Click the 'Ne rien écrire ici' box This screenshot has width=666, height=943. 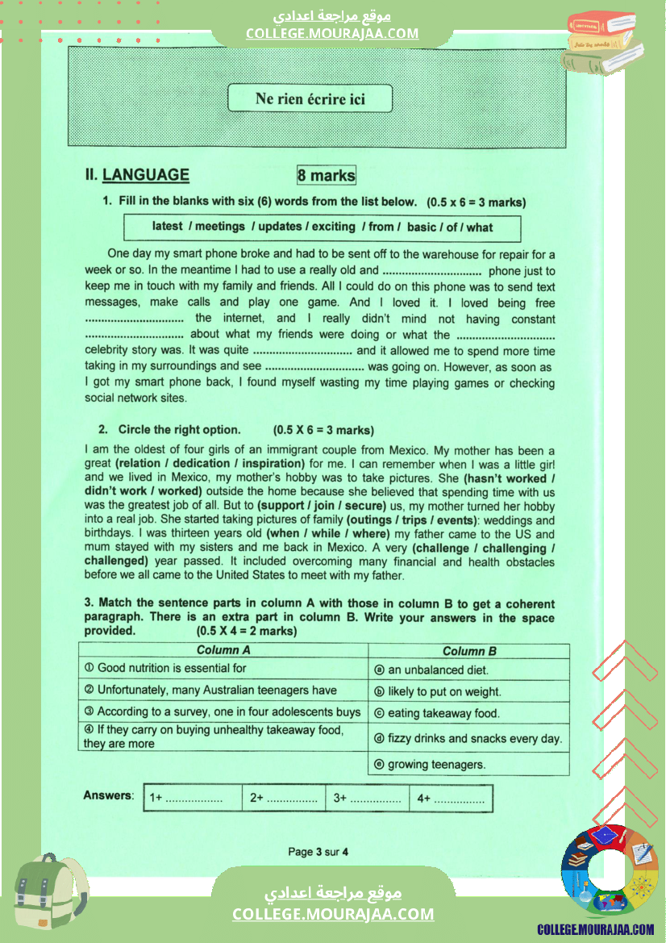(x=310, y=98)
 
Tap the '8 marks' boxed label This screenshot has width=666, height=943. (x=326, y=175)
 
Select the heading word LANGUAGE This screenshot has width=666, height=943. (x=146, y=175)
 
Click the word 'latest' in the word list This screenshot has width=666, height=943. (x=168, y=227)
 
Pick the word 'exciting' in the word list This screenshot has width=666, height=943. (x=333, y=227)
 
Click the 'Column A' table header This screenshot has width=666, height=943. (x=223, y=650)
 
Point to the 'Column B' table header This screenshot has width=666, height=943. (x=469, y=651)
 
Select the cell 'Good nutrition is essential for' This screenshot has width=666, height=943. (x=171, y=668)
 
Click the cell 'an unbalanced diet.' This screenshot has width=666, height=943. (x=438, y=670)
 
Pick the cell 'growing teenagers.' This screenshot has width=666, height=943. (x=436, y=765)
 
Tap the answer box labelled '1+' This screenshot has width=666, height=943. (x=193, y=798)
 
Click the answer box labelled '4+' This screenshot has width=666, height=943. (x=451, y=798)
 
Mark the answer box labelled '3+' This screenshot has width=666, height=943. (x=367, y=798)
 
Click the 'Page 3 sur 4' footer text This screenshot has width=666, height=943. (x=318, y=852)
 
